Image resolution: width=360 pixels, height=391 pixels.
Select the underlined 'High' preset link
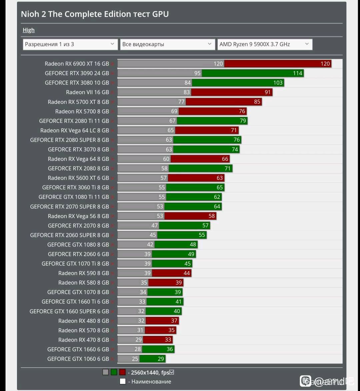pos(29,30)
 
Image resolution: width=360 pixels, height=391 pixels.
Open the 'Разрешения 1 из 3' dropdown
pos(70,44)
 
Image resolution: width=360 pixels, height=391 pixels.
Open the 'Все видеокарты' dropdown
pos(167,44)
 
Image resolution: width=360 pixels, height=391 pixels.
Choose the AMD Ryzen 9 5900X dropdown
pos(265,44)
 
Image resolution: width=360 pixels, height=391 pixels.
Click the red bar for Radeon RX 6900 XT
pos(277,64)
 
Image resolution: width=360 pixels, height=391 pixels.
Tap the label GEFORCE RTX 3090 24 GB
pos(77,73)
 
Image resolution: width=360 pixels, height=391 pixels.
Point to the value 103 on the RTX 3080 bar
pos(278,83)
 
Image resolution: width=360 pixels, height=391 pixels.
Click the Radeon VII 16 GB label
pos(87,92)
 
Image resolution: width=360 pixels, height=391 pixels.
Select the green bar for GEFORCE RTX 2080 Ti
pos(212,121)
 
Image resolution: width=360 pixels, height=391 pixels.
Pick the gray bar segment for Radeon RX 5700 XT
pos(151,102)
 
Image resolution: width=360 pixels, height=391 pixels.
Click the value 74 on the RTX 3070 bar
pos(235,150)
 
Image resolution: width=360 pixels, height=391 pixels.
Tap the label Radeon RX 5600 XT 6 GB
pos(78,178)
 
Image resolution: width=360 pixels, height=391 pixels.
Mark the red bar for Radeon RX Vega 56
pos(190,216)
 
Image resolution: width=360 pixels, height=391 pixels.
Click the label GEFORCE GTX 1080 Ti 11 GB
pos(74,197)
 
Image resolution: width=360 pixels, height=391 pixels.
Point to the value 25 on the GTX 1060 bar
pos(135,359)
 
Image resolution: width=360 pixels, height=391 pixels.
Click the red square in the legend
pos(122,372)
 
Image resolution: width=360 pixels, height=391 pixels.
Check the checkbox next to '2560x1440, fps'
pos(172,372)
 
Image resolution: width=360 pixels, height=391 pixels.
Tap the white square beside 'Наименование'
pos(123,382)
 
